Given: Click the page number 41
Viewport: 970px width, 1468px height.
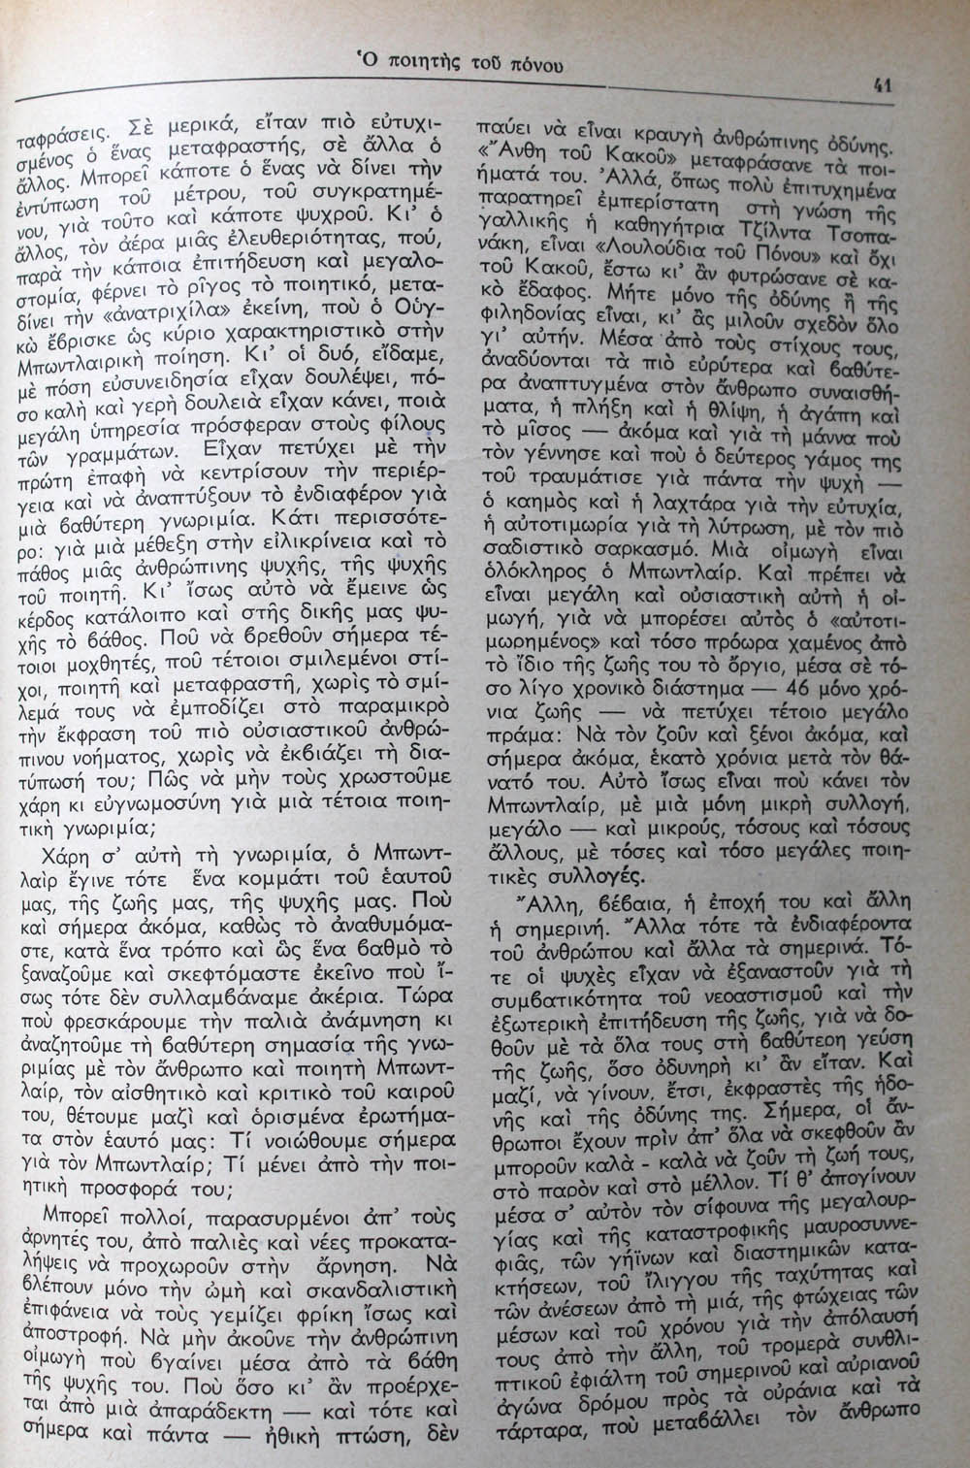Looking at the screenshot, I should click(x=882, y=84).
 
